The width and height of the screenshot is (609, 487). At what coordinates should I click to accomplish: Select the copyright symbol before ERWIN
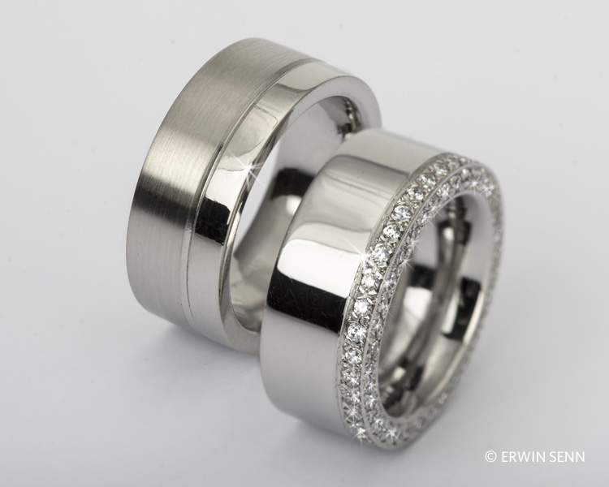tap(491, 457)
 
